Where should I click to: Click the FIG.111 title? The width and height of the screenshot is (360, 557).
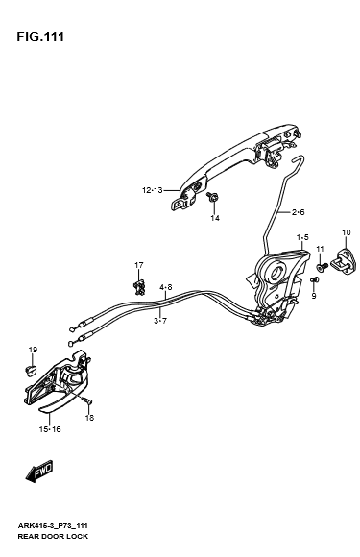[x=40, y=36]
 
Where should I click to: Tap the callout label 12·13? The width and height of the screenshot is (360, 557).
[x=153, y=190]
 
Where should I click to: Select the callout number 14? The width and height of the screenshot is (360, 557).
[x=215, y=218]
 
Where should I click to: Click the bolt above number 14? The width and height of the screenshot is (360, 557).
[x=213, y=197]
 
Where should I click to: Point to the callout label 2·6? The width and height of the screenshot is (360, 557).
[x=299, y=212]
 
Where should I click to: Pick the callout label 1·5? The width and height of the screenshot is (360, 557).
[x=302, y=237]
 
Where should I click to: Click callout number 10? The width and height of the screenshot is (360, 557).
[x=347, y=232]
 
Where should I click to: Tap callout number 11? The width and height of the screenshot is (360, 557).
[x=320, y=249]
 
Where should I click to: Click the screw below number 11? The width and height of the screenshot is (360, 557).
[x=322, y=268]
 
